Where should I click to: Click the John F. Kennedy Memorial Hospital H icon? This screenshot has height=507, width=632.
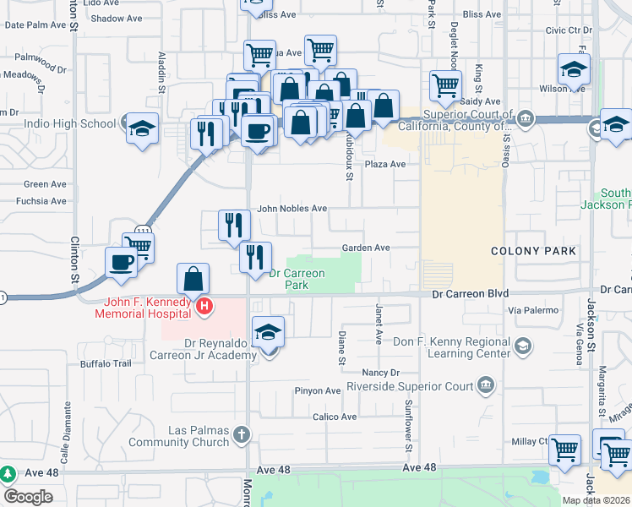pos(203,306)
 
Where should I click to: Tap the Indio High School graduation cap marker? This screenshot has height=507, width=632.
pos(142,129)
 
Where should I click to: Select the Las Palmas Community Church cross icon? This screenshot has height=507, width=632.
pos(241,435)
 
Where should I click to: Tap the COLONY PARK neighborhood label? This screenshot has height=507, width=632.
pos(534,251)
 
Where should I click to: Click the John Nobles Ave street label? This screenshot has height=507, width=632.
pos(291,208)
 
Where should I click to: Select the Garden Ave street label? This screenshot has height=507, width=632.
pos(365,248)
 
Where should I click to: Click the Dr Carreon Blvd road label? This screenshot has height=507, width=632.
pos(470,293)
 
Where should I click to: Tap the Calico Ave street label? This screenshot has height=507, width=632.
pos(335,417)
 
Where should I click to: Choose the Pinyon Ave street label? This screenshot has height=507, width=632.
pos(317,390)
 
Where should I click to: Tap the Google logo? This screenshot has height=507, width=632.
pos(29,497)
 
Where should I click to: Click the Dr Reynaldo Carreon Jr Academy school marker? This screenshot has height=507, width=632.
pos(268,332)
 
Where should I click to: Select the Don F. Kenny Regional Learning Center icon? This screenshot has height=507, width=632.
pos(523,345)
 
